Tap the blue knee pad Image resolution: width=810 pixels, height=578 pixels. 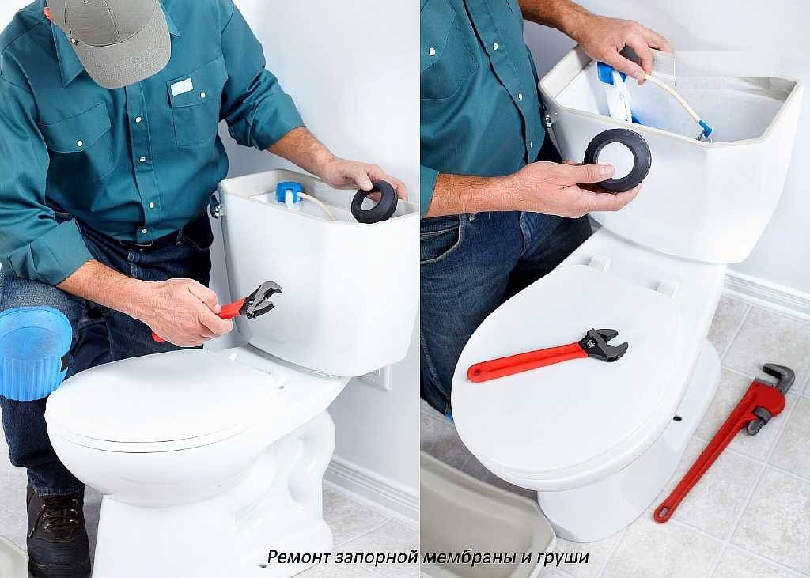click(33, 353)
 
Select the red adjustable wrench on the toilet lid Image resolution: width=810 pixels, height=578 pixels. click(547, 354)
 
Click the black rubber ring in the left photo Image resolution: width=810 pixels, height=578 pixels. click(374, 202)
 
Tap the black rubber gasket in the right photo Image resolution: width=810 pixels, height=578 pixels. click(617, 160)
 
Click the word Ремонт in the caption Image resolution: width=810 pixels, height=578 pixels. click(298, 557)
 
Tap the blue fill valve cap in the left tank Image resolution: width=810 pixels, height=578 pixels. click(289, 192)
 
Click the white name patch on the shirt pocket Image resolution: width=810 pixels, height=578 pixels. click(182, 87)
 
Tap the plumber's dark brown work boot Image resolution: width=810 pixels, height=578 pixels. click(58, 532)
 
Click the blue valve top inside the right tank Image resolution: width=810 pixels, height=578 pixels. click(608, 73)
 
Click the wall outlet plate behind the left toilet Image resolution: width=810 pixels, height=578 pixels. click(377, 378)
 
